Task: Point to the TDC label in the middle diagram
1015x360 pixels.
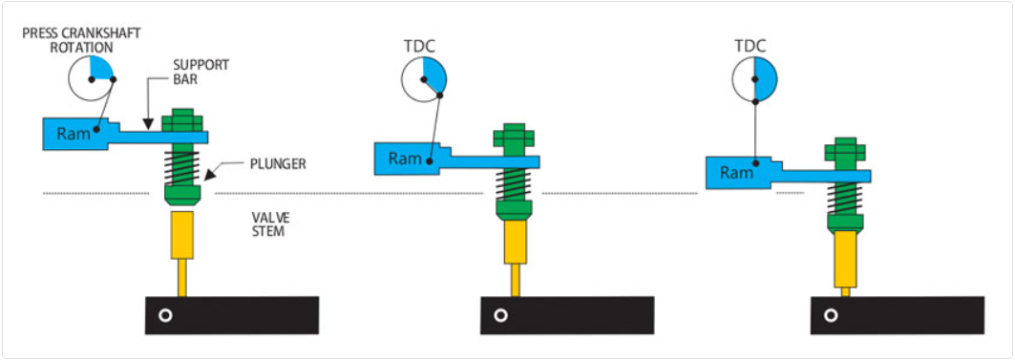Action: point(420,44)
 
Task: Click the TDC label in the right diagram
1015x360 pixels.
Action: point(753,44)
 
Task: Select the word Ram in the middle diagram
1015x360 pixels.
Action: point(405,158)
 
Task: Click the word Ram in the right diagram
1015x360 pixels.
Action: point(736,173)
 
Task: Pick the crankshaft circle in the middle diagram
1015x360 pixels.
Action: point(423,78)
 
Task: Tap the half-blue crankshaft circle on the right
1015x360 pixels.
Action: point(754,78)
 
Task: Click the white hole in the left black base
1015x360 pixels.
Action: point(165,315)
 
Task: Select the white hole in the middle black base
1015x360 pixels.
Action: point(497,315)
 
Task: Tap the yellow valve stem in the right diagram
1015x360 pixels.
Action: point(845,261)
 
